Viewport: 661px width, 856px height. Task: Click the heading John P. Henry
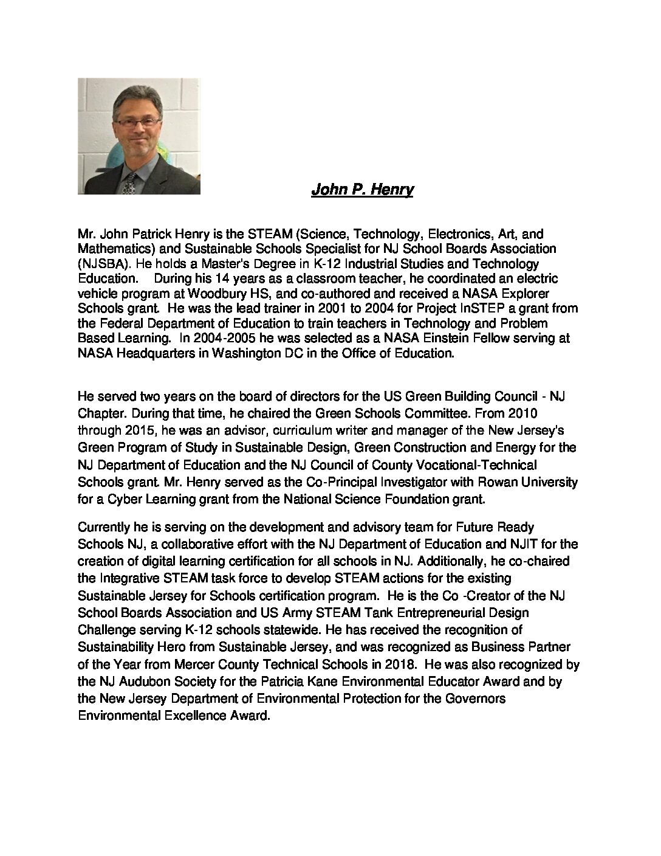pos(362,190)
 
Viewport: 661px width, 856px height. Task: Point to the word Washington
pos(246,353)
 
